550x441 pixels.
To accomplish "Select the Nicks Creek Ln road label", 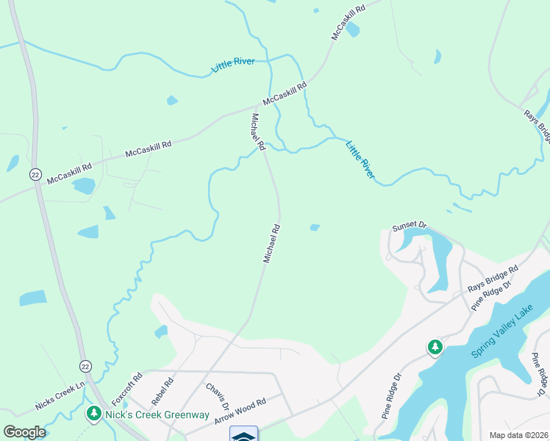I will (60, 397).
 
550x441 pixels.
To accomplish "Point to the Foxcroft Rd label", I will (126, 392).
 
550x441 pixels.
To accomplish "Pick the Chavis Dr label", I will (217, 397).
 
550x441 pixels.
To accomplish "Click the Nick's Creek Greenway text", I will (157, 415).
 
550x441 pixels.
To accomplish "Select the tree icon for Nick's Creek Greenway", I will (93, 415).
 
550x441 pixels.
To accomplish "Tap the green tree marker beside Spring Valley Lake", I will (435, 346).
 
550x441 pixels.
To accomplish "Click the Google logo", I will (25, 432).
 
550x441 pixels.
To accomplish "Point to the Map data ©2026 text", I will (518, 435).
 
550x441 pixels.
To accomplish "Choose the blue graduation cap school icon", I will (244, 435).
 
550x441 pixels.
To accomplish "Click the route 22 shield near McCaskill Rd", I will (35, 173).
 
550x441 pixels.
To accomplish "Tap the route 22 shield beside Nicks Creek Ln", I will (85, 365).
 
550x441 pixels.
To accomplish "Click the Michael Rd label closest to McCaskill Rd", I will (258, 132).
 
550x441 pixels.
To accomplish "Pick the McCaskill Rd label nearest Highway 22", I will (70, 173).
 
